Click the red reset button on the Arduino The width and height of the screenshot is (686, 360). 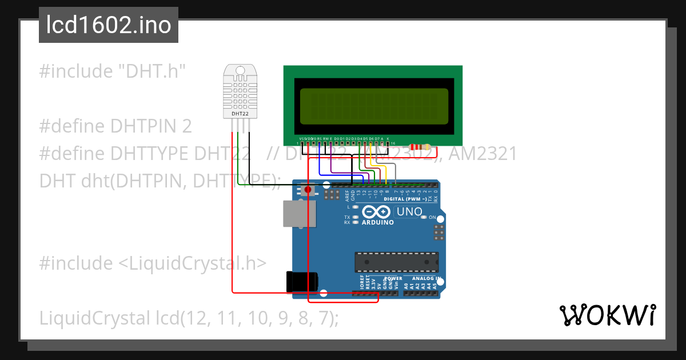coord(308,189)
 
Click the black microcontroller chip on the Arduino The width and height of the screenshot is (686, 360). coord(396,262)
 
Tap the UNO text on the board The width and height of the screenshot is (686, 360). coord(409,213)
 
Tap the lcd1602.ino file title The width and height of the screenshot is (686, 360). coord(108,25)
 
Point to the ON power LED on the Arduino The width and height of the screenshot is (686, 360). coord(424,218)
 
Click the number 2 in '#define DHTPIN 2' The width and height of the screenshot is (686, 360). coord(186,126)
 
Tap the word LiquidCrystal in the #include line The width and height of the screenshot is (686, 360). coord(187,263)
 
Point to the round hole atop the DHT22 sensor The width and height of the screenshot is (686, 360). coord(241,71)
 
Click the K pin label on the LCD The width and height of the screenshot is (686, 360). coord(388,139)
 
